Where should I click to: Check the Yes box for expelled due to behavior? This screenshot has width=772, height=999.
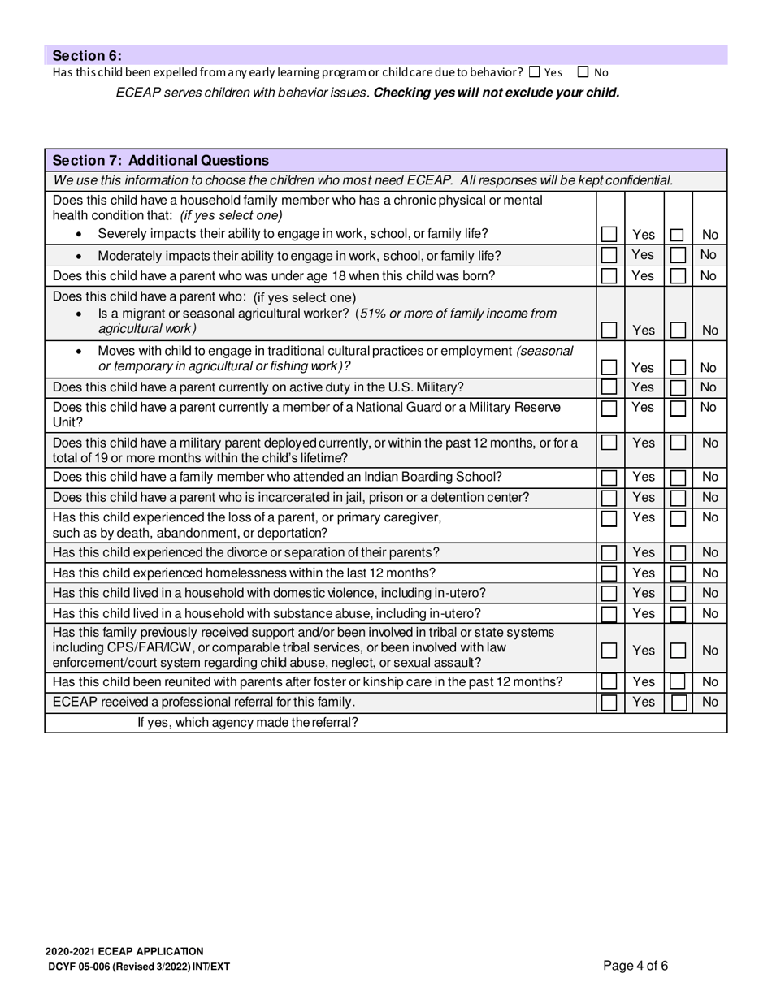click(x=535, y=72)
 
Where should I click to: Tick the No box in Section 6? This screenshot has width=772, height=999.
click(x=583, y=72)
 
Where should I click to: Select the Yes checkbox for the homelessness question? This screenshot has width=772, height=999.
click(x=609, y=573)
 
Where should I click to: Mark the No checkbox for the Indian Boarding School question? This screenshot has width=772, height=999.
click(x=677, y=478)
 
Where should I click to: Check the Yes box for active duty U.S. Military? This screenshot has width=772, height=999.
click(x=609, y=387)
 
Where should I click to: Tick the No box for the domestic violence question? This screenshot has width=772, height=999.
click(x=677, y=593)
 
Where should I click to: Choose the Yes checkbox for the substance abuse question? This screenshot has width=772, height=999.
click(x=609, y=613)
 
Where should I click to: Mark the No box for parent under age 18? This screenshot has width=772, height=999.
click(x=677, y=276)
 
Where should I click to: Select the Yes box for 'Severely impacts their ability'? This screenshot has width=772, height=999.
click(x=609, y=235)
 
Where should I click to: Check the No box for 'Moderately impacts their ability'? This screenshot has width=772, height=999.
click(x=677, y=256)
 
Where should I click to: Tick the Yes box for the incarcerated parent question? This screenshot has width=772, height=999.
click(x=609, y=497)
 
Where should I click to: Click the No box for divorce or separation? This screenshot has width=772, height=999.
click(x=677, y=553)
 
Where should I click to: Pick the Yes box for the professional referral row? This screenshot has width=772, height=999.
click(x=609, y=703)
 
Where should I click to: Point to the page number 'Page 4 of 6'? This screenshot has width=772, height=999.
click(x=635, y=966)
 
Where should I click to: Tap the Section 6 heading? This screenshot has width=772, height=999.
click(x=87, y=55)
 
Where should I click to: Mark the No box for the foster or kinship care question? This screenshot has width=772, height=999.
click(x=677, y=682)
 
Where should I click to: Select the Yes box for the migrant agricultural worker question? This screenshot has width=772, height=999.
click(x=609, y=330)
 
